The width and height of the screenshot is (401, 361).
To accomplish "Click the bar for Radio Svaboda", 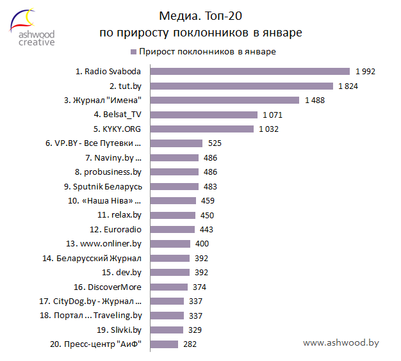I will pos(247,71).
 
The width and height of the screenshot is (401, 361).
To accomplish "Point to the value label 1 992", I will pos(365,71).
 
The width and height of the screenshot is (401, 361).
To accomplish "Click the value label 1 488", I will pos(315,100).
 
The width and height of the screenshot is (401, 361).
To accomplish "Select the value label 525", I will pos(215,143).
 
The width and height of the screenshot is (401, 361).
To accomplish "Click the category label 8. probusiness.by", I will pos(108,172).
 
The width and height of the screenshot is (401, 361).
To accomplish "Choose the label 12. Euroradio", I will pos(116,229).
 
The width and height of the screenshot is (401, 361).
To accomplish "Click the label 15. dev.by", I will pos(121,273).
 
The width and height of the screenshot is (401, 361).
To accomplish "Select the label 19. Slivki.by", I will pos(119,330).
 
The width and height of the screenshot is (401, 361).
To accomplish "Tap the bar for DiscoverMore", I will pos(167,287).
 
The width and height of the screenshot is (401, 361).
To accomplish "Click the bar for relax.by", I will pos(170,215).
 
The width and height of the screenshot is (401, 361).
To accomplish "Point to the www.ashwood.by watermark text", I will pos(341,343).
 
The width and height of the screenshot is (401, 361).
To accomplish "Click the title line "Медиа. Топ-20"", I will pos(201,15).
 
